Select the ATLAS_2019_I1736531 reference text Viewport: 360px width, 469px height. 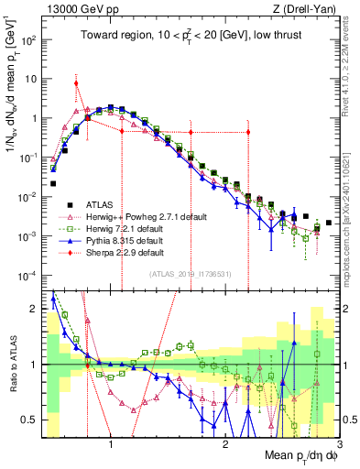(190, 273)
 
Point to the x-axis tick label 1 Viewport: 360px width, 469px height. (111, 445)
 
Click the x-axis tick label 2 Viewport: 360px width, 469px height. (225, 445)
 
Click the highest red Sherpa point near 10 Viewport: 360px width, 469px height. (76, 83)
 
